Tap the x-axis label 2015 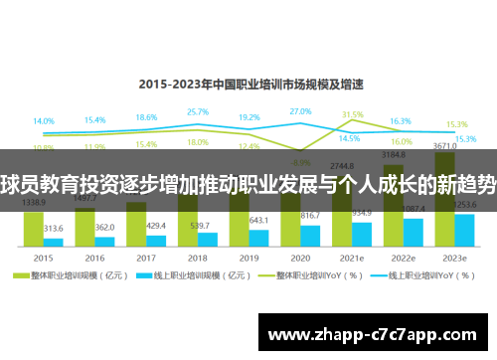tap(44, 256)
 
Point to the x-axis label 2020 tap(300, 256)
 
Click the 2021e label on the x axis tap(352, 256)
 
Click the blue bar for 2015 tap(54, 242)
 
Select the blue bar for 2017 tap(156, 240)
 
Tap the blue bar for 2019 tap(258, 237)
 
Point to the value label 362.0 tap(105, 228)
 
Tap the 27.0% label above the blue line tap(301, 111)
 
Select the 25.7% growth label tap(198, 112)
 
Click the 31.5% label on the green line tap(353, 114)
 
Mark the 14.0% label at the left tap(44, 121)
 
